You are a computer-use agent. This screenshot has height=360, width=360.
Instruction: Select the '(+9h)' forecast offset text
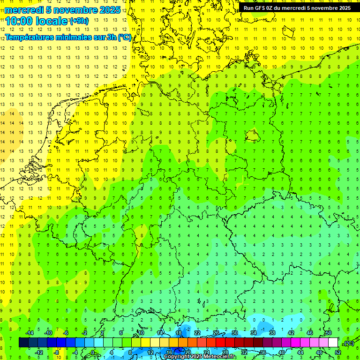pos(78,21)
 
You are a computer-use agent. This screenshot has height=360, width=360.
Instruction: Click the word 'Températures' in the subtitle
pos(32,37)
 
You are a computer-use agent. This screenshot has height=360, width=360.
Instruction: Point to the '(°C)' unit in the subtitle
pos(124,37)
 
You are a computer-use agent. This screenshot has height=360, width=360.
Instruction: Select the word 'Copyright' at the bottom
pos(177,357)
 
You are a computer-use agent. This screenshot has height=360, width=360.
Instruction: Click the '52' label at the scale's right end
pos(338,352)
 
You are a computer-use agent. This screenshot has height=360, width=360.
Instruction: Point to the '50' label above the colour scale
pos(328,333)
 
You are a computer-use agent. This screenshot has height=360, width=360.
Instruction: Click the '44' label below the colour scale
pos(300,352)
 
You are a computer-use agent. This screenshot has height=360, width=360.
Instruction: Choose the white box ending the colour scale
pos(333,343)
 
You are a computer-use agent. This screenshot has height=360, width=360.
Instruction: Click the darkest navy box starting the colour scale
pos(23,343)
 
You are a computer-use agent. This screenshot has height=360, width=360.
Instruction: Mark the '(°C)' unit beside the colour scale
pos(349,343)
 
